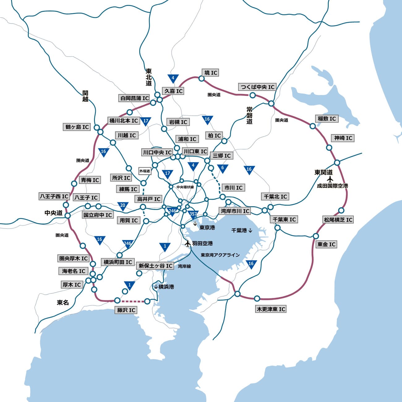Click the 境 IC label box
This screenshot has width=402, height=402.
click(211, 73)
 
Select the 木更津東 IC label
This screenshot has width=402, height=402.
click(271, 309)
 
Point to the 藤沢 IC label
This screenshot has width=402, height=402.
click(126, 310)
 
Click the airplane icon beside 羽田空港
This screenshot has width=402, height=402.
click(187, 243)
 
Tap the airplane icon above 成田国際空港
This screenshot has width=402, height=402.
click(330, 179)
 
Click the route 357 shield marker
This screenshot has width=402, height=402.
click(193, 214)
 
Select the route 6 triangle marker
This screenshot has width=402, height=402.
click(222, 168)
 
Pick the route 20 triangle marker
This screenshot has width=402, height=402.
click(123, 206)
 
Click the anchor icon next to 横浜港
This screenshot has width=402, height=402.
click(156, 287)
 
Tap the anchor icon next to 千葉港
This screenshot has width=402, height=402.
click(250, 230)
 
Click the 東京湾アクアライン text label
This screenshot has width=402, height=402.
click(220, 255)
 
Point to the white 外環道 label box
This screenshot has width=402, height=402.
click(144, 171)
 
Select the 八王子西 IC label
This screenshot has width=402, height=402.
click(54, 196)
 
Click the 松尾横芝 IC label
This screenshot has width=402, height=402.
click(338, 220)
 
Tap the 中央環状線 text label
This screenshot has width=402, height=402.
click(185, 187)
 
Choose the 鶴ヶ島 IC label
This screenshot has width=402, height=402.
click(77, 127)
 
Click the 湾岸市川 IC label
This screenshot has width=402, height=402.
click(235, 211)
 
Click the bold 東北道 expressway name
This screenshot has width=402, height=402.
click(149, 77)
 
